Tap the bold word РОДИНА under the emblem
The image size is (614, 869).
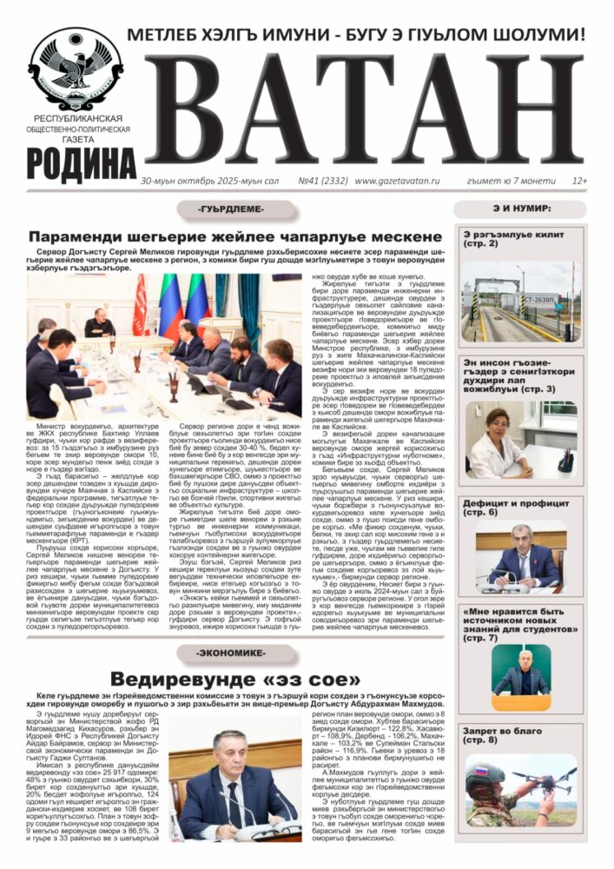pyautogui.click(x=74, y=163)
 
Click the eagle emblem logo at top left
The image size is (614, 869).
pyautogui.click(x=75, y=68)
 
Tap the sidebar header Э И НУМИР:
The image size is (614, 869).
pyautogui.click(x=520, y=208)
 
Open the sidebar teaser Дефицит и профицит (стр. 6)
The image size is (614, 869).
pyautogui.click(x=508, y=507)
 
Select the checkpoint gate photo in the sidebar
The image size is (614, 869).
pyautogui.click(x=520, y=301)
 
